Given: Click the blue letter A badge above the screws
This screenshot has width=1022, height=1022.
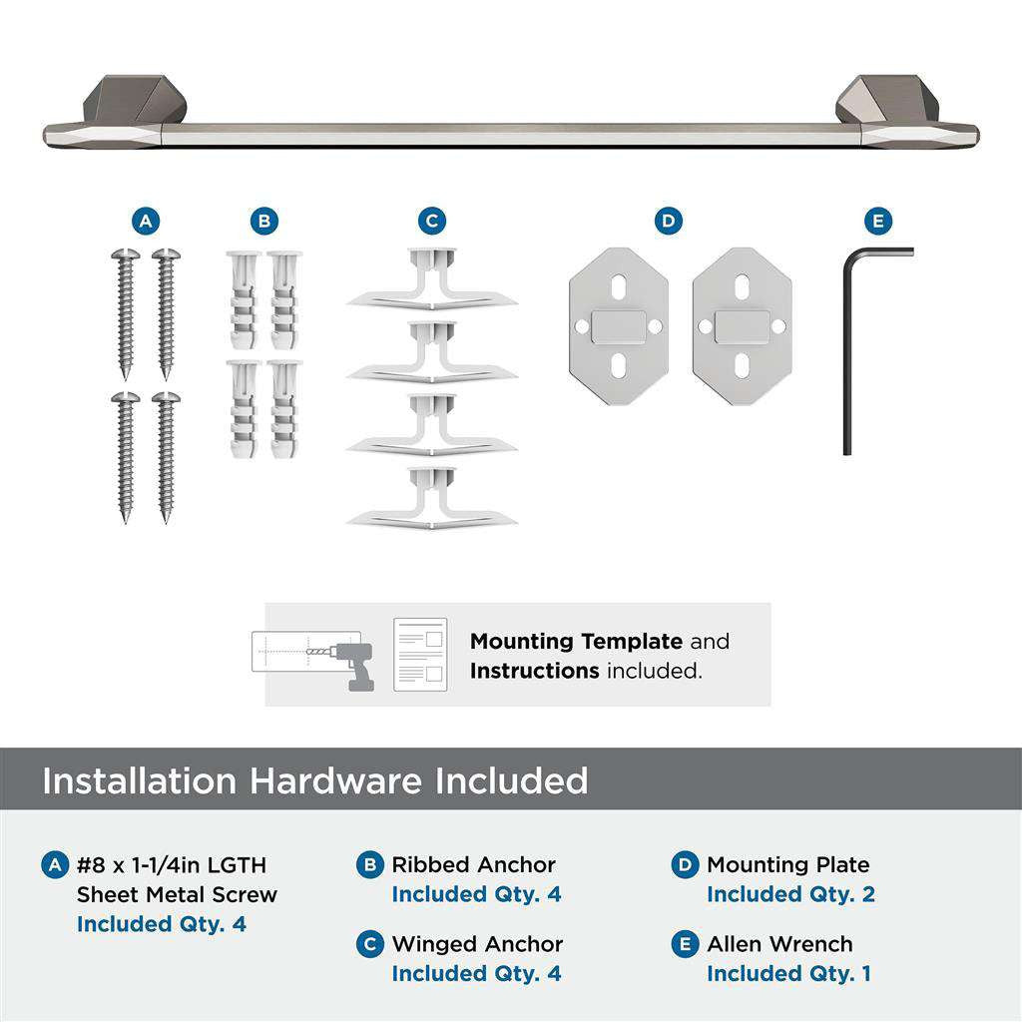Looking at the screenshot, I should pyautogui.click(x=146, y=221).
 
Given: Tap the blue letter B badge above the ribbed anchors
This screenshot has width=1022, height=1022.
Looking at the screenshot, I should pyautogui.click(x=263, y=221).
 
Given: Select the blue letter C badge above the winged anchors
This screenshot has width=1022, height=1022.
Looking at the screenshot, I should pyautogui.click(x=431, y=221).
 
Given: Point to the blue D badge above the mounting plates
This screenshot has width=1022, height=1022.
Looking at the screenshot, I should pyautogui.click(x=669, y=221).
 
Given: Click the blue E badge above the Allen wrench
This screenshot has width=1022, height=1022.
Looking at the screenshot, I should pyautogui.click(x=877, y=221).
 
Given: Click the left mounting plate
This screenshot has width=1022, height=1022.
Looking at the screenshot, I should pyautogui.click(x=619, y=326).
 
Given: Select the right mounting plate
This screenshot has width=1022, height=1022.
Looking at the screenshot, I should pyautogui.click(x=742, y=326).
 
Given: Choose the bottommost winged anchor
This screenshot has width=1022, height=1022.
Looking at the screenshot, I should pyautogui.click(x=431, y=500).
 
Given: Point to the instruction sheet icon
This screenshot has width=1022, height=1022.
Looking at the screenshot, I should pyautogui.click(x=420, y=655).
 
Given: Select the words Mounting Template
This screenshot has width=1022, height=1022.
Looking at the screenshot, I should pyautogui.click(x=576, y=642).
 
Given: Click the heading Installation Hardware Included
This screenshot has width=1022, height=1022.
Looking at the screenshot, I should pyautogui.click(x=314, y=780).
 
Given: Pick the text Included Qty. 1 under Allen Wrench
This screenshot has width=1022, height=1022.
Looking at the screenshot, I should pyautogui.click(x=788, y=973).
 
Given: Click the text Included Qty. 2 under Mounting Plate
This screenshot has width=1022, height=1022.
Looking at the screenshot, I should pyautogui.click(x=790, y=894).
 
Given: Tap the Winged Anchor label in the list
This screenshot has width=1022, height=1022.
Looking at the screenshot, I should pyautogui.click(x=477, y=944).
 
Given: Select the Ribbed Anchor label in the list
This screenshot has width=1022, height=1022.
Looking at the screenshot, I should pyautogui.click(x=473, y=865).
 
